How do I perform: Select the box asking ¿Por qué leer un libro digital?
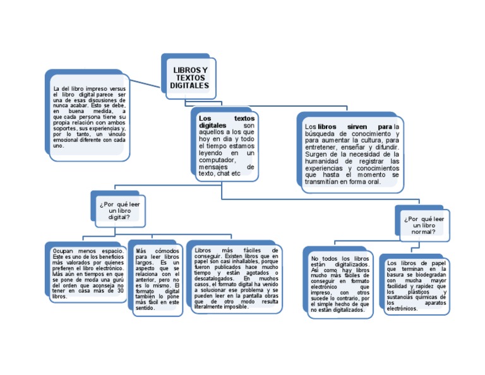coord(119,210)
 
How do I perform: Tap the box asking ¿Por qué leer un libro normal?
coord(424,225)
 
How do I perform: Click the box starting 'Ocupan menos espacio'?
coord(88,273)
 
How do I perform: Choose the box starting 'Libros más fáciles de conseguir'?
coord(236,278)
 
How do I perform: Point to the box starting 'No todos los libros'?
coord(340,284)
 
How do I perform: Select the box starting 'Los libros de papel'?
coord(416,285)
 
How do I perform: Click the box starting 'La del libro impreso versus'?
coord(89,117)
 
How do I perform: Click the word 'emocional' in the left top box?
coord(67,140)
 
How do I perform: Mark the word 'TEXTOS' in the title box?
coord(189,77)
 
